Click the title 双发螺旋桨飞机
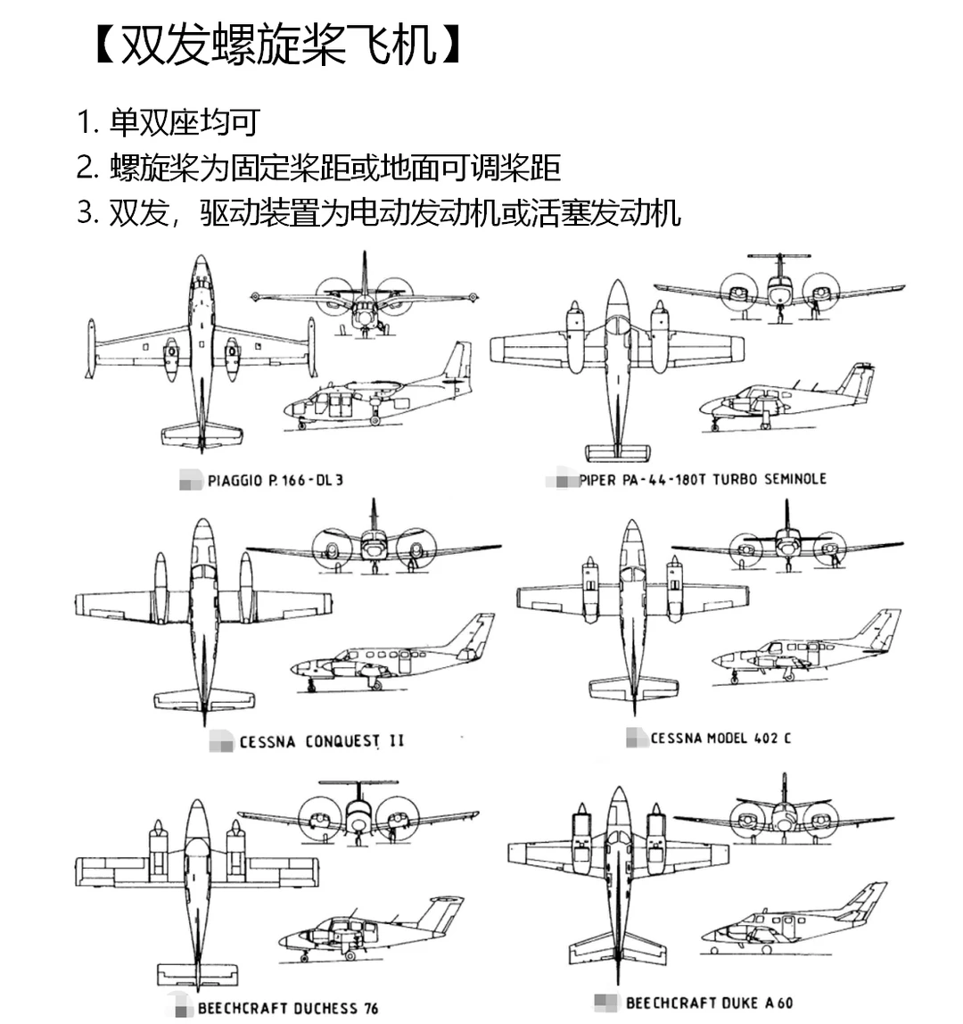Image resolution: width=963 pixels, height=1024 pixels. [x=278, y=45]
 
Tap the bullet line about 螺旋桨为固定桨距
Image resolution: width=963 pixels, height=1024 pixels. [x=317, y=167]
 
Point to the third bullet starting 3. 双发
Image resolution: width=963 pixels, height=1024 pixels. [x=378, y=213]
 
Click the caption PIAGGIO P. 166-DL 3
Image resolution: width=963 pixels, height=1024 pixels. [x=275, y=481]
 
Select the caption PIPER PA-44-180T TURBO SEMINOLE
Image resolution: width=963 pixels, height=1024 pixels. [x=702, y=480]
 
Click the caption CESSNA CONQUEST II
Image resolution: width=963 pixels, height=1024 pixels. [x=321, y=742]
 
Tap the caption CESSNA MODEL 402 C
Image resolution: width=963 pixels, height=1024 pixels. [x=720, y=739]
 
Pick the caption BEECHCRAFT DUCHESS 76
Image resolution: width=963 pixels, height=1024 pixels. [x=287, y=1009]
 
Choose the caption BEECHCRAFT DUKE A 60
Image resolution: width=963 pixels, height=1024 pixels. [x=709, y=1003]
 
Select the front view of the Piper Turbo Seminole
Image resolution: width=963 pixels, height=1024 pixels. [x=779, y=290]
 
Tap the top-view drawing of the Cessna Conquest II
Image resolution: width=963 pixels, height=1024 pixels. [x=203, y=615]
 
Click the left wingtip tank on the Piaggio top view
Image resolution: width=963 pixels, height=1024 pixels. [x=90, y=349]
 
